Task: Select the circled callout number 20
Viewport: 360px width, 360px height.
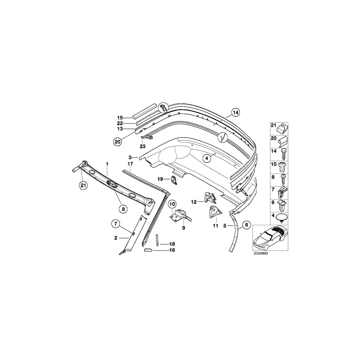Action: (118, 142)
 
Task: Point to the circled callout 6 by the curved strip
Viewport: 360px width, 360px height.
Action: (247, 225)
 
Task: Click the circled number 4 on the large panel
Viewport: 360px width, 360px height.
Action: (207, 158)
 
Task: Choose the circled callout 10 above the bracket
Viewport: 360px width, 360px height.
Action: (172, 204)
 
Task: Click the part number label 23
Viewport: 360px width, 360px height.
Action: (143, 146)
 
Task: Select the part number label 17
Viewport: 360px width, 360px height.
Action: (130, 164)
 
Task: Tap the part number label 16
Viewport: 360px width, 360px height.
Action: (172, 250)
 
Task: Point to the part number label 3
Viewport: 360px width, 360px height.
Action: (130, 158)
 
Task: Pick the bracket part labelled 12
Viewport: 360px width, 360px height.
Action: (210, 198)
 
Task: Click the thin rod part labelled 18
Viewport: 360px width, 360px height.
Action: (158, 240)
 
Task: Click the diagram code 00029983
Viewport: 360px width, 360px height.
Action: (261, 254)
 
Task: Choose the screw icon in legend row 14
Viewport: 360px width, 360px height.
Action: (283, 154)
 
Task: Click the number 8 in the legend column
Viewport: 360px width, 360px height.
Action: (273, 178)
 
